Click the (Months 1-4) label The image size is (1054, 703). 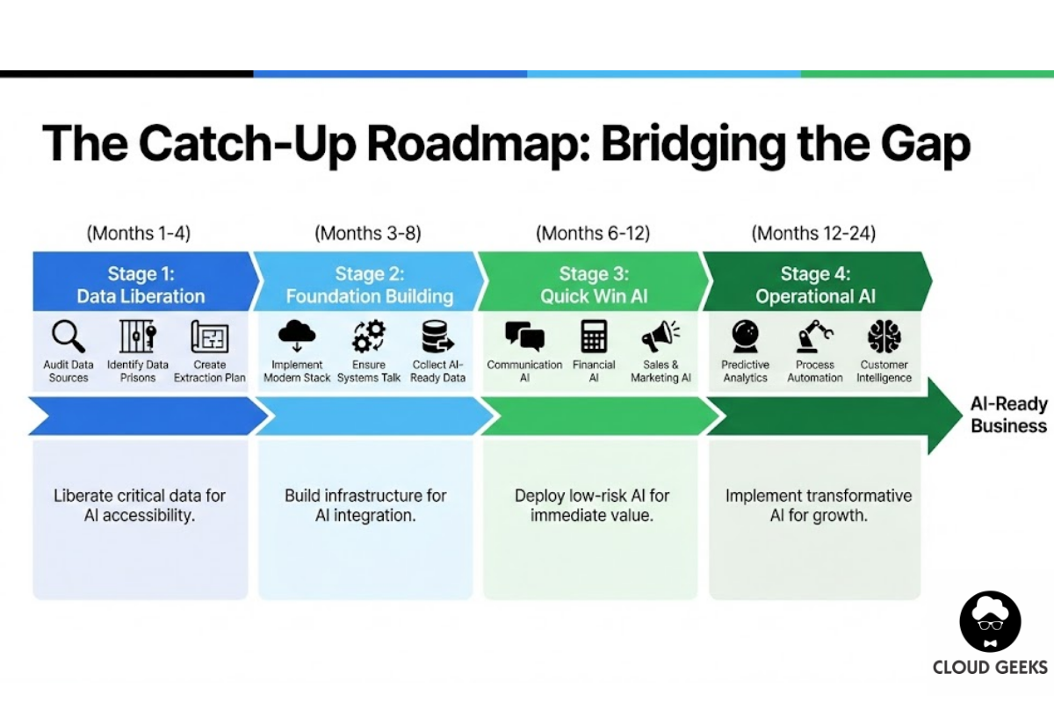coord(138,233)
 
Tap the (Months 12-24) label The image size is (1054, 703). coord(813,233)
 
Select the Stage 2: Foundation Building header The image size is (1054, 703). coord(369,285)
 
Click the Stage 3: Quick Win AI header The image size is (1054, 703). coord(594,285)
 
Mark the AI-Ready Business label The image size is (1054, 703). coord(1008,415)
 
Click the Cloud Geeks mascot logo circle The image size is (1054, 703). coord(990,621)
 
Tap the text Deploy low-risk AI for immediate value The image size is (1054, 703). coord(592,505)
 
